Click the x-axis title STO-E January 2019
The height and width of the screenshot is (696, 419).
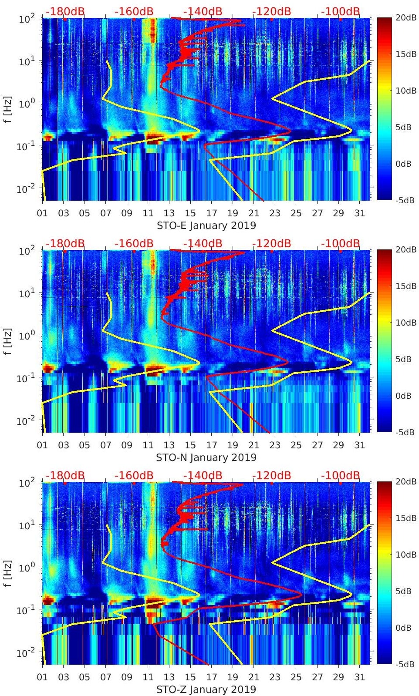[x=206, y=225]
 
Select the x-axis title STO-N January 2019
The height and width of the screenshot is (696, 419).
[x=206, y=457]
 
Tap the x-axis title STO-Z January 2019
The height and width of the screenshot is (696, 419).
[x=206, y=689]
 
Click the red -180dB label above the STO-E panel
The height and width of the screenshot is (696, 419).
[x=65, y=11]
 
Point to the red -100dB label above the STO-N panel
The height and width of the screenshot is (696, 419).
[x=341, y=243]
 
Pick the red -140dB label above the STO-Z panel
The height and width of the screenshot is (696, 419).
[x=203, y=475]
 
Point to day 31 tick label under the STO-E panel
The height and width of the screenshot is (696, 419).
[x=360, y=213]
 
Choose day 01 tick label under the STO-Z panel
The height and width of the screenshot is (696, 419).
[x=42, y=677]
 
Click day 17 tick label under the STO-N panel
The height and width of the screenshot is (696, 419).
[x=212, y=445]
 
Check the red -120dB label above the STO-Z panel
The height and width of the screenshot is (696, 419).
[x=271, y=475]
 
